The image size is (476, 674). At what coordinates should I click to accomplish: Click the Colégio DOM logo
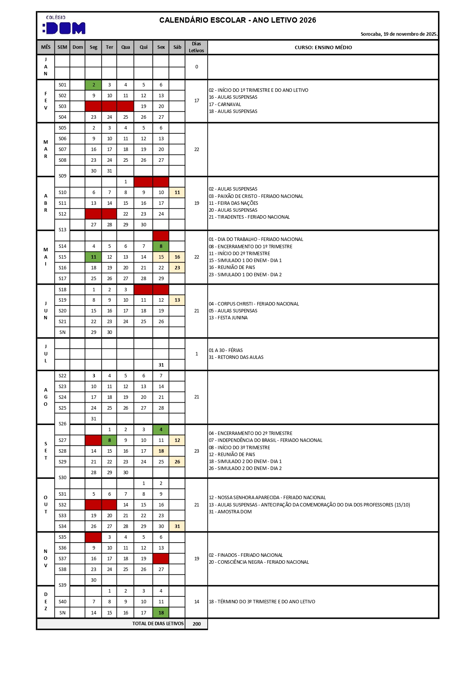coord(64,25)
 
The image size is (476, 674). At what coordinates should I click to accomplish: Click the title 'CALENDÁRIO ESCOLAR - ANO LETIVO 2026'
coord(238,20)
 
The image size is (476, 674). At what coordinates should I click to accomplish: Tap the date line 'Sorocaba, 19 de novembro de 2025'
coord(399,34)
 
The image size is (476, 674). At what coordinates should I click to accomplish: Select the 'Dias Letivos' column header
coord(196,47)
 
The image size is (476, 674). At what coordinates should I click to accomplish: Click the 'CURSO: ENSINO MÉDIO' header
coord(323,47)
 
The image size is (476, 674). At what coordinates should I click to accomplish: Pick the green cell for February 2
coord(93,85)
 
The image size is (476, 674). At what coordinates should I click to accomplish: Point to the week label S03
coord(63,106)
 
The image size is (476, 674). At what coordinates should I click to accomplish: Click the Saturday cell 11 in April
coord(177,193)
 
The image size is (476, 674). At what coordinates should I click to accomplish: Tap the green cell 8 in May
coord(161,246)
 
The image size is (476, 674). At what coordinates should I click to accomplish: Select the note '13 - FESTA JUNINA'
coord(228,318)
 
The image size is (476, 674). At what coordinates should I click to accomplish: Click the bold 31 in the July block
coord(161,365)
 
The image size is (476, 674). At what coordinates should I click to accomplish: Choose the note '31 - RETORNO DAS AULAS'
coord(236,357)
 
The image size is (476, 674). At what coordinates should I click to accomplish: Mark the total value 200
coord(197,624)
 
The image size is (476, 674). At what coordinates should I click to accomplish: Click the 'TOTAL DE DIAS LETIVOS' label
coord(158,624)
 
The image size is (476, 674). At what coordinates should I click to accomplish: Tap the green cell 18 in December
coord(161,613)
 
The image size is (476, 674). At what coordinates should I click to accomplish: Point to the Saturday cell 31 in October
coord(177,526)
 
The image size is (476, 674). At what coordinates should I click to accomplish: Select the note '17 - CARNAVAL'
coord(225,105)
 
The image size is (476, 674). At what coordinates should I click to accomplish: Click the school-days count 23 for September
coord(197,451)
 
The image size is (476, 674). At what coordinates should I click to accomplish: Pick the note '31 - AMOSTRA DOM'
coord(230,512)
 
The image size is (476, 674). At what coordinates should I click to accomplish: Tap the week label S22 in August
coord(63,376)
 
